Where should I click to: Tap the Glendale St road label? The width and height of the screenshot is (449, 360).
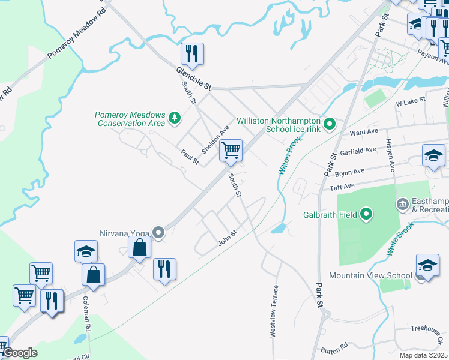click(194, 79)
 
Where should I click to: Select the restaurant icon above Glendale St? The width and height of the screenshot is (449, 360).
click(192, 55)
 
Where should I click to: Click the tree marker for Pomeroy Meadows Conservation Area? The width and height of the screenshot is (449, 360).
click(174, 117)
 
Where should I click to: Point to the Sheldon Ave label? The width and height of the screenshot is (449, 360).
click(215, 139)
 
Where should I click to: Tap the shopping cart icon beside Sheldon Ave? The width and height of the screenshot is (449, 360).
click(231, 151)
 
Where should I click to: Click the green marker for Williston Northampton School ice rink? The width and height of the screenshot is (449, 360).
click(329, 125)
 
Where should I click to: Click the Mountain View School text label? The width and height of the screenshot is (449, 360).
click(370, 276)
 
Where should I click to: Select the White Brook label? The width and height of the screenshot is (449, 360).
click(401, 241)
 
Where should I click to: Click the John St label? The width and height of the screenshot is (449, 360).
click(228, 240)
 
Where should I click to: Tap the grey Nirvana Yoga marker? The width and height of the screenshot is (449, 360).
click(158, 232)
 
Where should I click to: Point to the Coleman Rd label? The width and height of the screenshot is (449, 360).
click(87, 314)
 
